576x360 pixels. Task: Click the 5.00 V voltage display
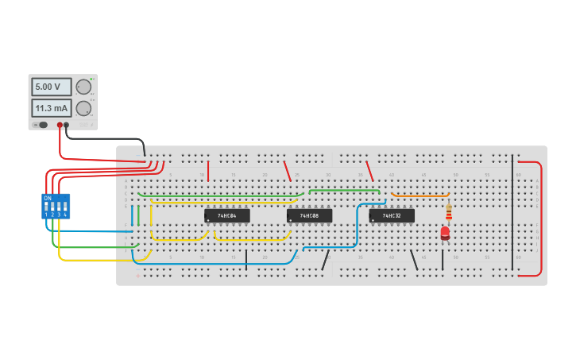click(x=51, y=87)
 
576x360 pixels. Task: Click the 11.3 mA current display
click(x=51, y=108)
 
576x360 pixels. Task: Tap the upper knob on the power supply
click(x=83, y=87)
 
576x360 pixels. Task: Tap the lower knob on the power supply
click(x=83, y=108)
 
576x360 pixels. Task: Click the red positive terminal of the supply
click(x=60, y=125)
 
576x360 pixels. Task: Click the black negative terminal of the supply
click(x=67, y=125)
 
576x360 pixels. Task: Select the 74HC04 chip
click(x=227, y=215)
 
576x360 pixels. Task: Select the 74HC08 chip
click(x=310, y=215)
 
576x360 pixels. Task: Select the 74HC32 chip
click(x=392, y=215)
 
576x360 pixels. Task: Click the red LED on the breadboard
click(x=445, y=233)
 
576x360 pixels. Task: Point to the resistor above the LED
click(x=449, y=212)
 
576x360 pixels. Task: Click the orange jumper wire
click(x=420, y=195)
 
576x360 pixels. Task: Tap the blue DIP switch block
click(x=56, y=207)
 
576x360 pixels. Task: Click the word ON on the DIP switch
click(x=48, y=198)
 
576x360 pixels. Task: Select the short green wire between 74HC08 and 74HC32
click(x=344, y=190)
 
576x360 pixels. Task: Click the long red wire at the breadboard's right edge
click(x=542, y=219)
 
